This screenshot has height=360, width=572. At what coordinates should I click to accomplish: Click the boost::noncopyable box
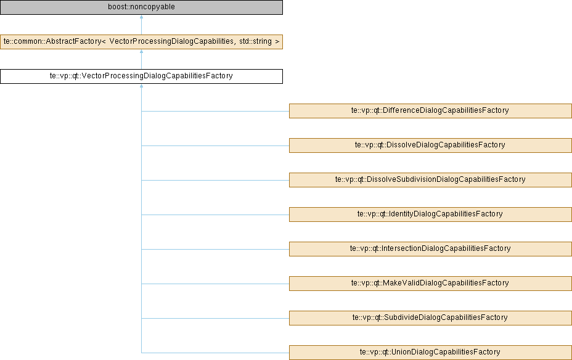pos(141,7)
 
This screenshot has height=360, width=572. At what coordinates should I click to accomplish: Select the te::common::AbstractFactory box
pos(141,41)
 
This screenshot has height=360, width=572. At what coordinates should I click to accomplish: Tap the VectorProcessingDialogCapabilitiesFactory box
pos(141,76)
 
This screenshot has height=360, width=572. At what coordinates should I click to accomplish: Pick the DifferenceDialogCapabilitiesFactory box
pos(430,111)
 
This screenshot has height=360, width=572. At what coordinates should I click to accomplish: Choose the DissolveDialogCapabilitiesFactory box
pos(430,145)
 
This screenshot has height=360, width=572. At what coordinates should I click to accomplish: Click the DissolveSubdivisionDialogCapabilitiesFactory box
pos(430,180)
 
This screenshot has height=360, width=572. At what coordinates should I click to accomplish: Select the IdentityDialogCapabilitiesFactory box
pos(430,215)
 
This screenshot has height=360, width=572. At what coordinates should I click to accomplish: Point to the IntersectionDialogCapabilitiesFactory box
pos(430,249)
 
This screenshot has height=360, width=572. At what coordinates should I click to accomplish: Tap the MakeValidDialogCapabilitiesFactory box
pos(430,284)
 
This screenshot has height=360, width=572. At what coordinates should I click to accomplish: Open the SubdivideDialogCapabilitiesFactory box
pos(430,318)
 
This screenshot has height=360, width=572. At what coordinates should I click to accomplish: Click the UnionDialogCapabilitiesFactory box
pos(430,353)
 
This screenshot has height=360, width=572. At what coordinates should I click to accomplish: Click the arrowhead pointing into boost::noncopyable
pos(141,17)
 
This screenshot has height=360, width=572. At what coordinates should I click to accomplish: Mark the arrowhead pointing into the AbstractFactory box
pos(141,51)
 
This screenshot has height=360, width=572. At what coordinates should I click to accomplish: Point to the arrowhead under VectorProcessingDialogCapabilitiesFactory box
pos(141,86)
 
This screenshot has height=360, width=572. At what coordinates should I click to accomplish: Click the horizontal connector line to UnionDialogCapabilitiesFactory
pos(215,353)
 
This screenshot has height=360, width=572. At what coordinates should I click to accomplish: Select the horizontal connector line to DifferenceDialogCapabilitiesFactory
pos(215,111)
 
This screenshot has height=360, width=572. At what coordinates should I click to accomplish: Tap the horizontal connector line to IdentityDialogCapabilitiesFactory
pos(215,215)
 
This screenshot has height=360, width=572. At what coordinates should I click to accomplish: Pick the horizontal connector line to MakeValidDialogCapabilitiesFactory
pos(215,284)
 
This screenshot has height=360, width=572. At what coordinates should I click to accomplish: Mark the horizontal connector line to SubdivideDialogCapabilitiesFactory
pos(215,319)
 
